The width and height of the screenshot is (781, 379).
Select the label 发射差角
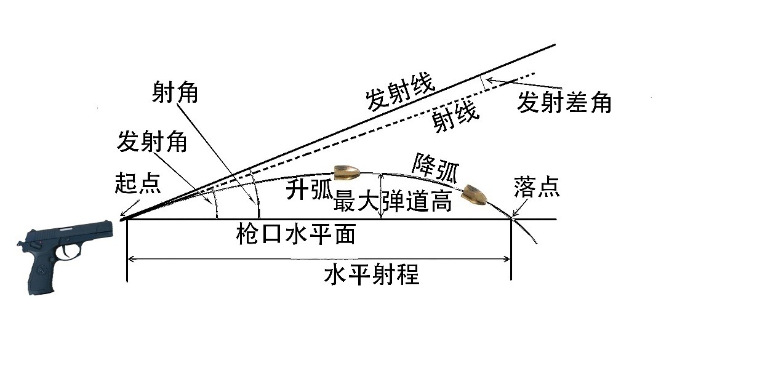[x=564, y=102]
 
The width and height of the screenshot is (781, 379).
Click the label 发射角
[x=151, y=143]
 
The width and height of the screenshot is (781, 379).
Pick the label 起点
[x=137, y=183]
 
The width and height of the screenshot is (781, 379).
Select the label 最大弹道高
[x=392, y=201]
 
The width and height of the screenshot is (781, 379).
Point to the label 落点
[x=536, y=186]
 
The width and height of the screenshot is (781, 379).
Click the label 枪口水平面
[x=295, y=234]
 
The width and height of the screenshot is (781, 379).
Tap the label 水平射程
[x=371, y=274]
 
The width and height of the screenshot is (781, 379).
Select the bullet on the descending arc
[x=475, y=194]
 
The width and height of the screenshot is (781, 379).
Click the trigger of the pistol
[x=65, y=252]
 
